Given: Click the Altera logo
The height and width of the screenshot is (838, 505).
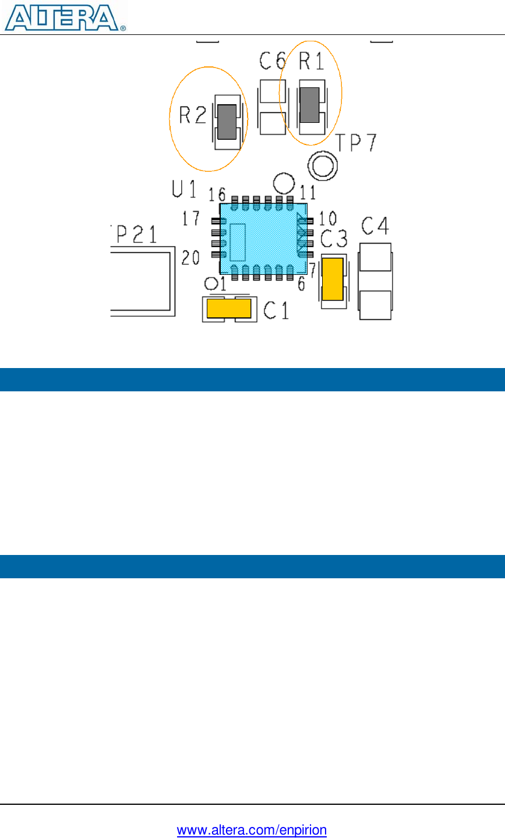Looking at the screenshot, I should (64, 17).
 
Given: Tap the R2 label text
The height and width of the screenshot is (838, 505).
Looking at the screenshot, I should (193, 115).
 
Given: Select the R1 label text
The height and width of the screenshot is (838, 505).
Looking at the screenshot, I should (312, 61).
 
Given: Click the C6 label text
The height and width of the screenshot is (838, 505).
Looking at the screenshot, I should (273, 60).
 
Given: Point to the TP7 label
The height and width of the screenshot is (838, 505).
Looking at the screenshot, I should (356, 143).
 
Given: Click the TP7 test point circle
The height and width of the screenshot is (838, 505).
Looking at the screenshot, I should (322, 166).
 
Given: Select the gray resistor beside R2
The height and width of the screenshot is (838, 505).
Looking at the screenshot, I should (227, 122).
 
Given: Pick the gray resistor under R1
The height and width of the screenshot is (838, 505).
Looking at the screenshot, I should (310, 105).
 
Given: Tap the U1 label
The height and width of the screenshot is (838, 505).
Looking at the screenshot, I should (184, 189).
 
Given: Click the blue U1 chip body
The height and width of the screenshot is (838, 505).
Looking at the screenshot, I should (263, 239).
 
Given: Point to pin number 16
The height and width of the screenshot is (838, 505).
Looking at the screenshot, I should (217, 194).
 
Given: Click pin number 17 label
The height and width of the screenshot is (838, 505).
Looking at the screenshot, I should (191, 219).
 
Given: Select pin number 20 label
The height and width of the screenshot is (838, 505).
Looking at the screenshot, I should (191, 257).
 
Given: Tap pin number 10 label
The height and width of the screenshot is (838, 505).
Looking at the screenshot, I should (328, 219).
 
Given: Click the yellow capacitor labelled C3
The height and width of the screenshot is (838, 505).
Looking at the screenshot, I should (333, 280).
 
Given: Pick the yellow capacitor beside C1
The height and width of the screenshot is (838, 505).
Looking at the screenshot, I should (229, 308).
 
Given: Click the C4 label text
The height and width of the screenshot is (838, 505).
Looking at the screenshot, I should (375, 225).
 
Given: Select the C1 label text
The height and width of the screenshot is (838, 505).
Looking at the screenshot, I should (276, 310).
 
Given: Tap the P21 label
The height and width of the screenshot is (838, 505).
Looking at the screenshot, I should (134, 234).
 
